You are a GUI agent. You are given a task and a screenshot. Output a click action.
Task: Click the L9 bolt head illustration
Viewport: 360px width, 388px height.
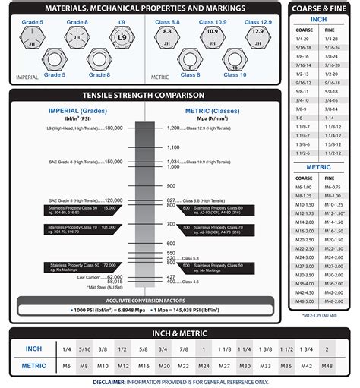coord(123,35)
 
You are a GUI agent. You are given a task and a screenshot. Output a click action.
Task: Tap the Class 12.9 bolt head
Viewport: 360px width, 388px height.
coord(257,35)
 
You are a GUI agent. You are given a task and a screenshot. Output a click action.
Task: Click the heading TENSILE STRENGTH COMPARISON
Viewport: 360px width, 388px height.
coord(144,96)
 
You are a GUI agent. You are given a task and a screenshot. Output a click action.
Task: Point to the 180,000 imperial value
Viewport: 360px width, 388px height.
coord(113,128)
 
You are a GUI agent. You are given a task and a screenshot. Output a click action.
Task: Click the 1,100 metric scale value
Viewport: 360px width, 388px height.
coord(172,147)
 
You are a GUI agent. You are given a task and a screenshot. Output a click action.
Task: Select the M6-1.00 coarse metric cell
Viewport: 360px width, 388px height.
coord(304,187)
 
